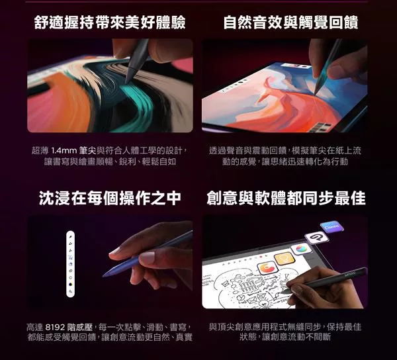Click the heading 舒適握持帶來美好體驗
pyautogui.click(x=110, y=22)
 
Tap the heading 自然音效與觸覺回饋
pyautogui.click(x=290, y=22)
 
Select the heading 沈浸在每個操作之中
pyautogui.click(x=110, y=198)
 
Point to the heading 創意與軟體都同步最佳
pyautogui.click(x=286, y=198)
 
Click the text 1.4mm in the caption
pyautogui.click(x=64, y=151)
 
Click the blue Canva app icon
pyautogui.click(x=332, y=226)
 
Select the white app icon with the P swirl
pyautogui.click(x=316, y=238)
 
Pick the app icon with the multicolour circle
pyautogui.click(x=301, y=248)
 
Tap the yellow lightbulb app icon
pyautogui.click(x=285, y=259)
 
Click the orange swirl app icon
pyautogui.click(x=267, y=268)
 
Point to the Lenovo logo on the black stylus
pyautogui.click(x=350, y=274)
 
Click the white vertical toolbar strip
pyautogui.click(x=70, y=264)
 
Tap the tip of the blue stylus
pyautogui.click(x=103, y=276)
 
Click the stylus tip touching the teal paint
pyautogui.click(x=126, y=83)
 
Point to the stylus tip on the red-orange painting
pyautogui.click(x=315, y=94)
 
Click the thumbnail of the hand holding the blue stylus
pyautogui.click(x=110, y=262)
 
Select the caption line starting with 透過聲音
pyautogui.click(x=285, y=151)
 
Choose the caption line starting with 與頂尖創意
pyautogui.click(x=285, y=327)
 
